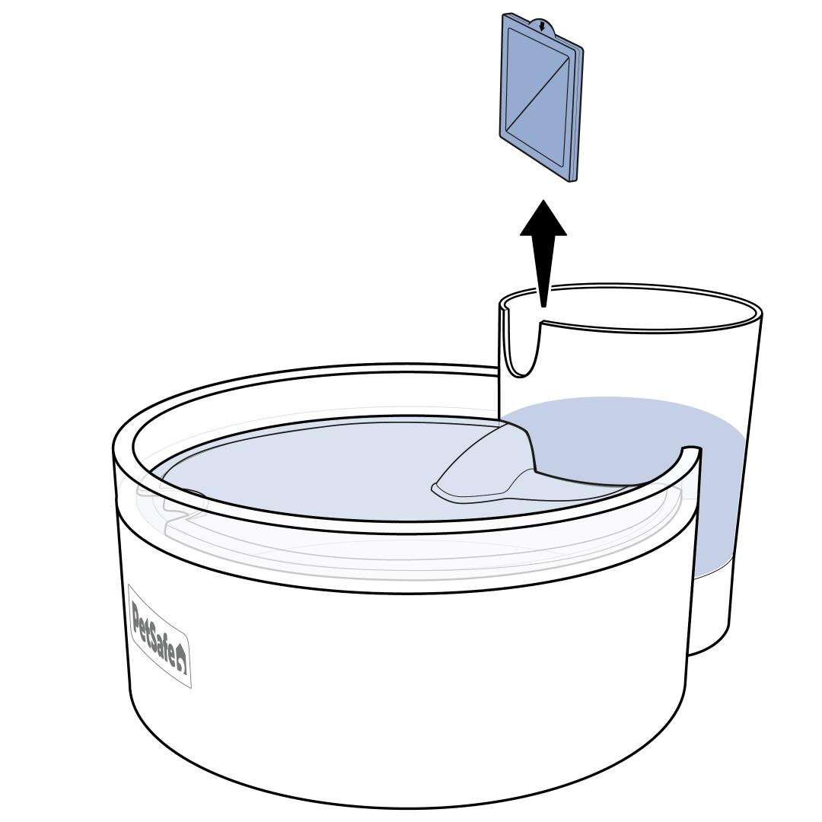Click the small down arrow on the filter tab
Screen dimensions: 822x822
point(542,25)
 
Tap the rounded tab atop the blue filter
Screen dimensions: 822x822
point(542,26)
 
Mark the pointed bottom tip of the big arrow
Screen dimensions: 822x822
point(543,307)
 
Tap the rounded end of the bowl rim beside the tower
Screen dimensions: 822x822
point(691,451)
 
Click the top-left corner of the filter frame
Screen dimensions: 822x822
point(503,15)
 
